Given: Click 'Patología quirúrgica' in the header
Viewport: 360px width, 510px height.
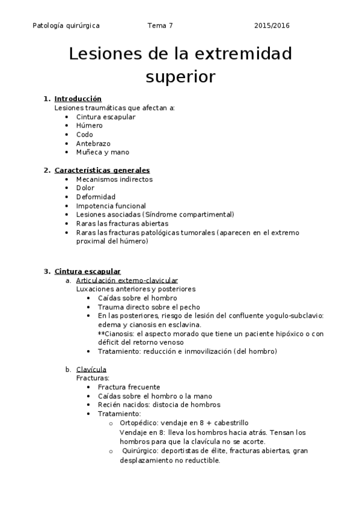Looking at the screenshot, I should coord(66,26).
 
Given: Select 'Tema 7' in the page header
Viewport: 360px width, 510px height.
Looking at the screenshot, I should coord(160,26).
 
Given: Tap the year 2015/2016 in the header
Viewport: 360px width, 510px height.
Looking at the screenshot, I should coord(272,26).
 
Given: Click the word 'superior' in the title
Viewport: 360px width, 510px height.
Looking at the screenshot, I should coord(180,78).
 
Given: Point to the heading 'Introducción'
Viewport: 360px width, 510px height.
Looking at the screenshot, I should coord(78,99).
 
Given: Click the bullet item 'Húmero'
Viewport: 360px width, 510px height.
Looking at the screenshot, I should coord(89,126).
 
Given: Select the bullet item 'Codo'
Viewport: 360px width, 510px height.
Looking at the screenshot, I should coord(85,135).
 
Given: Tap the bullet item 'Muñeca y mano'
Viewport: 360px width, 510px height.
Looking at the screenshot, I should coord(102,152).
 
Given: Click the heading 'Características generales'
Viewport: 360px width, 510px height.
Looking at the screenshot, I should coord(102,170).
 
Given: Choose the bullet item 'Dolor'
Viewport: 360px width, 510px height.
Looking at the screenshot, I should coord(85,188).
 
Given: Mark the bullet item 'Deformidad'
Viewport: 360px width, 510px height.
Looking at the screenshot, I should coord(96,197).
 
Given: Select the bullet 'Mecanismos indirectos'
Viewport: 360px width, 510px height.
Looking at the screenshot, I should coord(114,179).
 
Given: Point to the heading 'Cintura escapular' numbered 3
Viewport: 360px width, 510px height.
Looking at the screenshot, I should coord(87,271).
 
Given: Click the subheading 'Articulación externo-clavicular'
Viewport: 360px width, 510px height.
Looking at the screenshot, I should coord(127,280).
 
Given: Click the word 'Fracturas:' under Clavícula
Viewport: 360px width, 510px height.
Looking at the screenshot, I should coord(93,378).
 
